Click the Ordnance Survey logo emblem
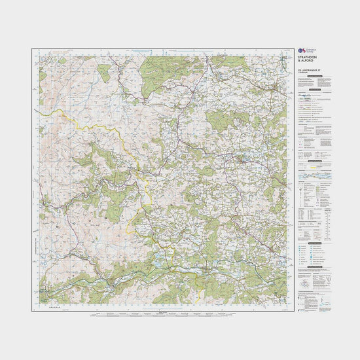click(x=300, y=50)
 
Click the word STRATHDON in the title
click(x=308, y=58)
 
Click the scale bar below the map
click(x=164, y=313)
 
